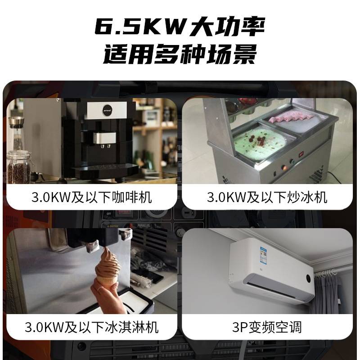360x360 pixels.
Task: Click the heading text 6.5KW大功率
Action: coord(180,27)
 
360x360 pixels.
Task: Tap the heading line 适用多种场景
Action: coord(180,56)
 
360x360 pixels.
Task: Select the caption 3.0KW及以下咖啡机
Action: coord(92,197)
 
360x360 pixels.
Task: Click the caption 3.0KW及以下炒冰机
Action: coord(267,197)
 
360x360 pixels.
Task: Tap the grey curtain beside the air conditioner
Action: coord(331,292)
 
